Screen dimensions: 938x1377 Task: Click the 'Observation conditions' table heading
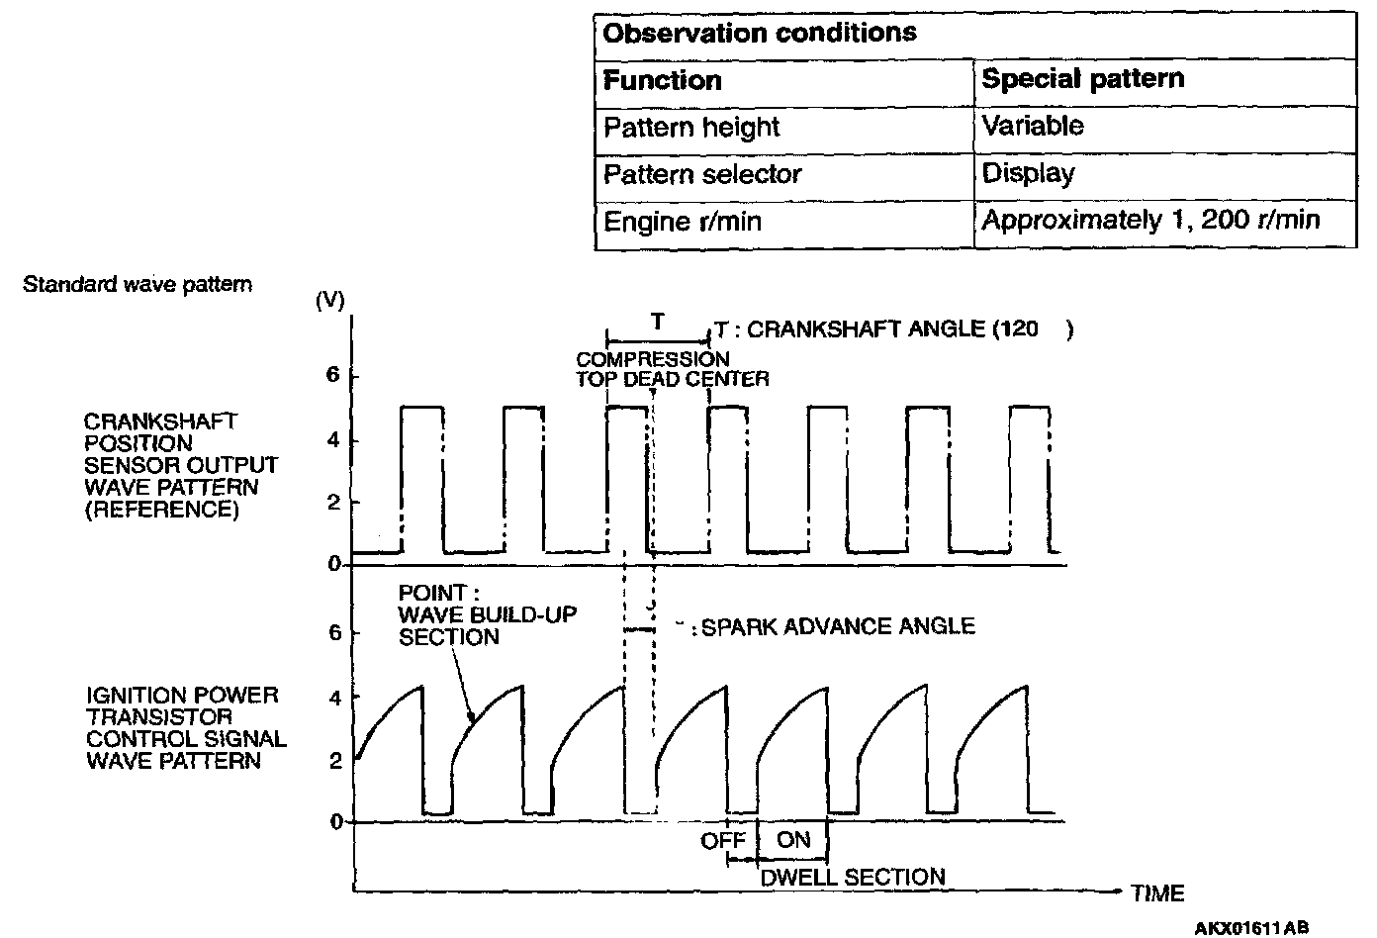click(760, 33)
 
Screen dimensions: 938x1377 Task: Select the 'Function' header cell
click(662, 80)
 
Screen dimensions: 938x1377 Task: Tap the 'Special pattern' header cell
click(1082, 79)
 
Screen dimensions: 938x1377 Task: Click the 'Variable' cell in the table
click(1032, 126)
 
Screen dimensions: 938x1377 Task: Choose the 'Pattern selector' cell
click(702, 174)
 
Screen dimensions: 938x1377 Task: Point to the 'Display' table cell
click(1028, 173)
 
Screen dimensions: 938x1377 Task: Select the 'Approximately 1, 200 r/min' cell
click(1150, 220)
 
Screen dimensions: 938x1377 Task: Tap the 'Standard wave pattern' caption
click(138, 285)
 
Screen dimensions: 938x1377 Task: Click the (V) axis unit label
click(329, 301)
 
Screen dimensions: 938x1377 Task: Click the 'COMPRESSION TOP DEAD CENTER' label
click(673, 368)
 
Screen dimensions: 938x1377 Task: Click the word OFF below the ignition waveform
click(723, 841)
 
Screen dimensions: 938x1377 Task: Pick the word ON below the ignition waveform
click(793, 840)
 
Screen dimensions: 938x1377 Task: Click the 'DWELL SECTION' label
click(852, 877)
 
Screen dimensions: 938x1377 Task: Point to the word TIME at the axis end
click(1157, 893)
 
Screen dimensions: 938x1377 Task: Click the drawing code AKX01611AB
click(1251, 928)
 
